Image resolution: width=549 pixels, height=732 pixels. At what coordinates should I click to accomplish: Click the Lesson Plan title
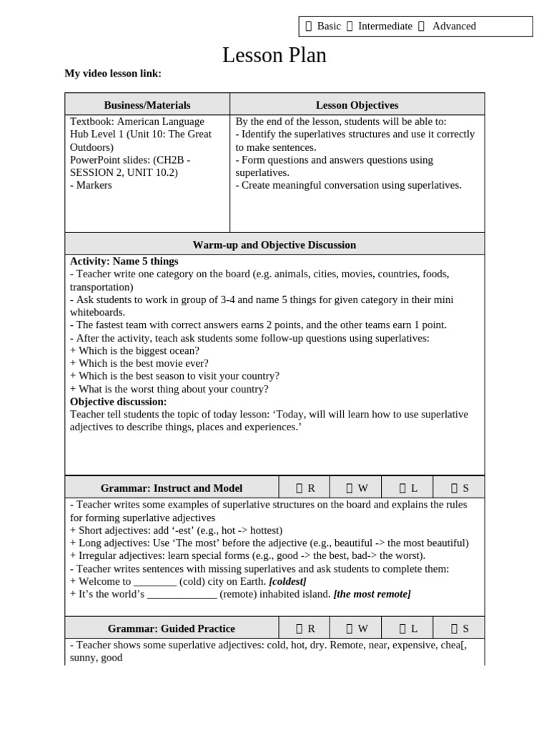274,55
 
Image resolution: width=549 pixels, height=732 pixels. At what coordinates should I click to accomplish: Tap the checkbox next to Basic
309,26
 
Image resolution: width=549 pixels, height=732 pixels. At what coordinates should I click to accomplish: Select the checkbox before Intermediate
350,26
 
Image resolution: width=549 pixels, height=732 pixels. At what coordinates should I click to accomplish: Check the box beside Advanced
421,26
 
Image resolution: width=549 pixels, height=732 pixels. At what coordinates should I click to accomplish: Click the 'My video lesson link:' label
113,73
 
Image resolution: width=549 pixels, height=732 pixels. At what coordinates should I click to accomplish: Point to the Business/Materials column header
147,105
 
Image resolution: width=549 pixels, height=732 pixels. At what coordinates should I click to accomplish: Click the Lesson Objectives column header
357,105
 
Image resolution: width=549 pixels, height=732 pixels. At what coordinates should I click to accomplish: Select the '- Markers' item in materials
91,185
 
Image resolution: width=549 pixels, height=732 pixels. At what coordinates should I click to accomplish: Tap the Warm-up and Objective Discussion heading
274,244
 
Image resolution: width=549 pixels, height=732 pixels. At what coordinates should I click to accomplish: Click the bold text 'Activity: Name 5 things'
124,262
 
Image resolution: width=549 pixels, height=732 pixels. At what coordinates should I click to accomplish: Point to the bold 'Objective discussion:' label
118,402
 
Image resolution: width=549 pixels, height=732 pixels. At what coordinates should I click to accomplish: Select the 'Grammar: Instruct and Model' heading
171,488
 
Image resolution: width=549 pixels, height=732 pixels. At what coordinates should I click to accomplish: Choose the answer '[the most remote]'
372,594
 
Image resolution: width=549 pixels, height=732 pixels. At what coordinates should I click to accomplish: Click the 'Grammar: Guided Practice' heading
171,628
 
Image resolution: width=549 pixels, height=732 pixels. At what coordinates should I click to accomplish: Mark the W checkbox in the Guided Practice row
350,628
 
